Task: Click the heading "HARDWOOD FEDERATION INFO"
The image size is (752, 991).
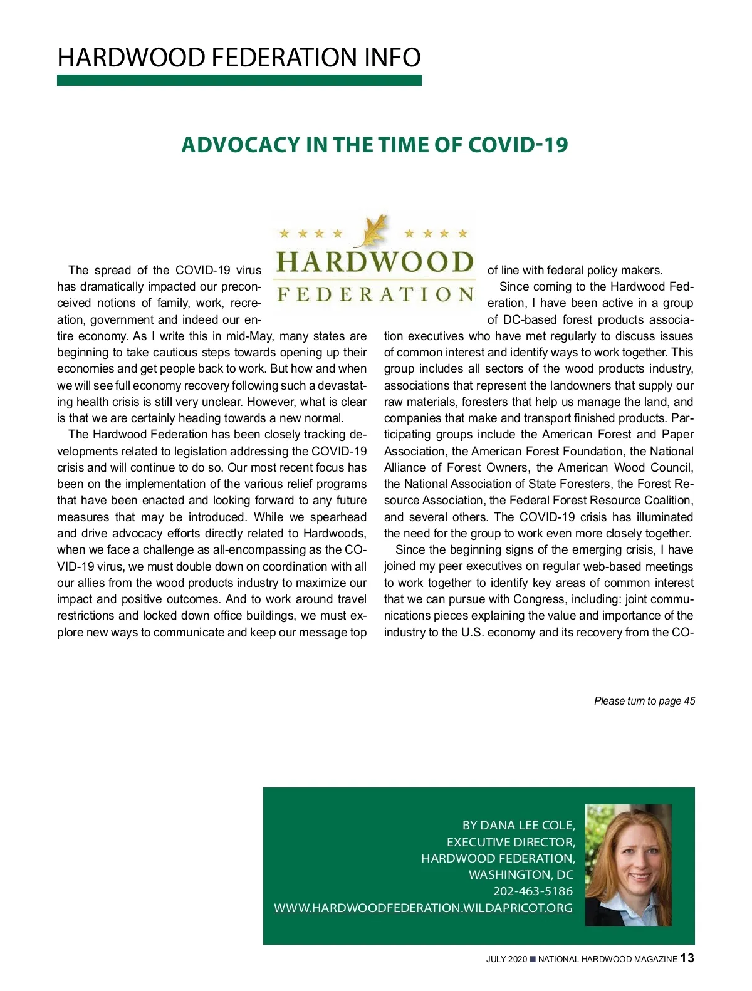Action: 239,58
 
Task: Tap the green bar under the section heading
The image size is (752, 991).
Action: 239,80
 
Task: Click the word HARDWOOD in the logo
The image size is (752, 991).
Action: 375,262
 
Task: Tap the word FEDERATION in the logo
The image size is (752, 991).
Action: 375,294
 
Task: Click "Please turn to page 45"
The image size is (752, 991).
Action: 644,701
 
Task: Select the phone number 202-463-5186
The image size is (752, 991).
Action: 533,891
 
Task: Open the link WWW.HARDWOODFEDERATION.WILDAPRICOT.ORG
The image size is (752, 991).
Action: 423,908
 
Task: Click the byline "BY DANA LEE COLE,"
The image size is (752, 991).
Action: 518,826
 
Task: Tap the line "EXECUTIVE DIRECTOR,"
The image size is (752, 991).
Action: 511,842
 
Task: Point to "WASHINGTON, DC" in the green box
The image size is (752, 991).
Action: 521,874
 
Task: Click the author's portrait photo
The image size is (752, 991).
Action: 628,865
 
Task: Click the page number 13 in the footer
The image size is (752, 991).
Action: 687,958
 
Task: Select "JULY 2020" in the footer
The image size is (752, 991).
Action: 506,959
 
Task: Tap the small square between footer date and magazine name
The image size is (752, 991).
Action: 533,959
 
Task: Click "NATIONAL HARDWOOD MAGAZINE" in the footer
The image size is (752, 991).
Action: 607,959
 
